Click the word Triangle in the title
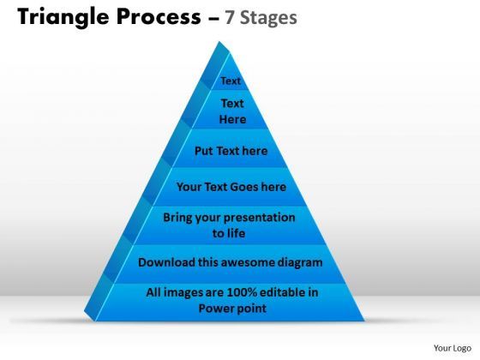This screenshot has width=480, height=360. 56,18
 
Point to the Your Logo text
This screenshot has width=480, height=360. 451,348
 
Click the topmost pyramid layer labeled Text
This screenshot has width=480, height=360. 231,81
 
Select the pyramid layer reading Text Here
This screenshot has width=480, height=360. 231,111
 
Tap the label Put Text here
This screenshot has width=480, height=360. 231,151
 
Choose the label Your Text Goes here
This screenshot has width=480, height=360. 231,186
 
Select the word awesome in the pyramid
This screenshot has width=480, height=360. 253,261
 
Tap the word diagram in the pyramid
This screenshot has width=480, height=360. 301,261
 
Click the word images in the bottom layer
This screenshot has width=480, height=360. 183,292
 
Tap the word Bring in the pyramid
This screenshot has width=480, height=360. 179,217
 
